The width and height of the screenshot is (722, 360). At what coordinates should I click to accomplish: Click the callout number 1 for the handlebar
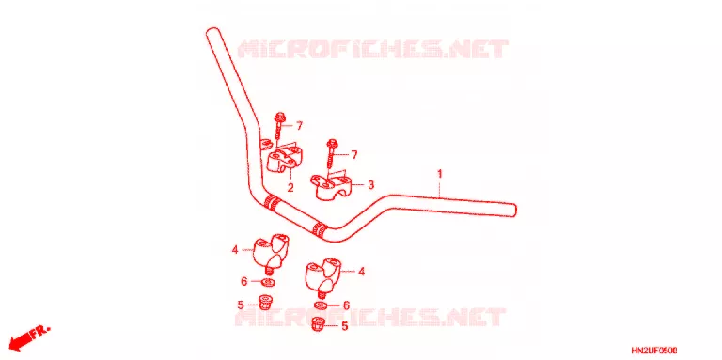pyautogui.click(x=440, y=174)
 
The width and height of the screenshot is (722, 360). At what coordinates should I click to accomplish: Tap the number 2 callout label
pyautogui.click(x=290, y=188)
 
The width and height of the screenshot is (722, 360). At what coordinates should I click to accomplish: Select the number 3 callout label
pyautogui.click(x=371, y=185)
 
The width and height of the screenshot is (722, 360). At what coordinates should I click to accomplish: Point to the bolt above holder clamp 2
pyautogui.click(x=278, y=125)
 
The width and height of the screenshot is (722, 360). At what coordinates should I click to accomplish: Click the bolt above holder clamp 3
pyautogui.click(x=331, y=153)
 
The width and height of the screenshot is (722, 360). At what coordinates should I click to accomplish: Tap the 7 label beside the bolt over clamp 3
pyautogui.click(x=354, y=155)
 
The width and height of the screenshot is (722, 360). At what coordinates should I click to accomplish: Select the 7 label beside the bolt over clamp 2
pyautogui.click(x=299, y=125)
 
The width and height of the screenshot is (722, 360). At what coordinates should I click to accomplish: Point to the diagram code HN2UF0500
pyautogui.click(x=654, y=351)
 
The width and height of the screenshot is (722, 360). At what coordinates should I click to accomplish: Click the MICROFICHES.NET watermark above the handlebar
pyautogui.click(x=373, y=49)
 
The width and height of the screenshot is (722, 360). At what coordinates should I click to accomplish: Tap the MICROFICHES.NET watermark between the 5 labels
pyautogui.click(x=370, y=317)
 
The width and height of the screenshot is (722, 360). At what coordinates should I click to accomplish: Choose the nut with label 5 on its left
pyautogui.click(x=265, y=303)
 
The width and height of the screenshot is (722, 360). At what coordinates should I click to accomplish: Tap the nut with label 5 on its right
pyautogui.click(x=318, y=325)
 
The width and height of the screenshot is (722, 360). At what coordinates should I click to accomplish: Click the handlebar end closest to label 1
pyautogui.click(x=513, y=210)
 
